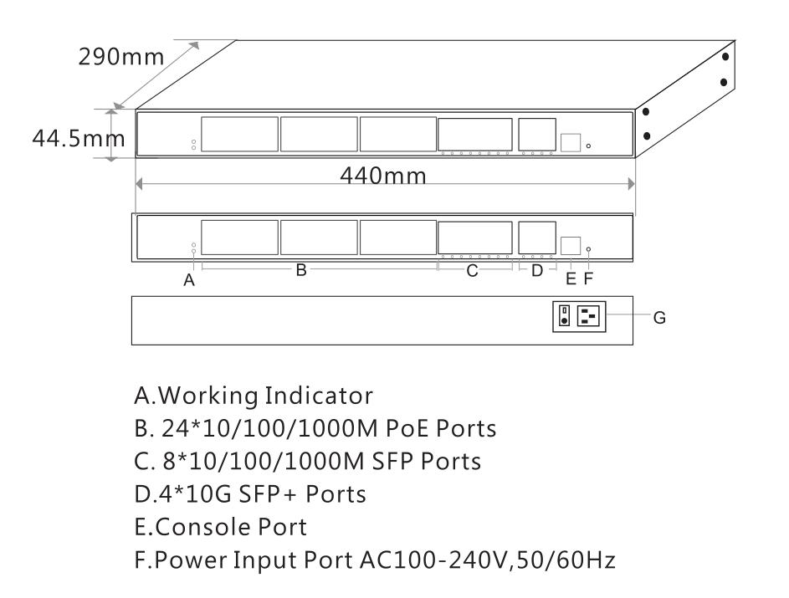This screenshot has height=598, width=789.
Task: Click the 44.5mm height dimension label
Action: click(x=72, y=136)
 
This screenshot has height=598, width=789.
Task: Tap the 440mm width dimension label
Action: click(x=383, y=176)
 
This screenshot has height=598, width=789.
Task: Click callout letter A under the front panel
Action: click(x=189, y=281)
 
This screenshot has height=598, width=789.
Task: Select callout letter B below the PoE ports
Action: click(x=302, y=270)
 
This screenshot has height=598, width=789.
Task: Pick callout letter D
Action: click(x=537, y=270)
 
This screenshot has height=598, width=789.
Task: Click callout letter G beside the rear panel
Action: click(x=659, y=317)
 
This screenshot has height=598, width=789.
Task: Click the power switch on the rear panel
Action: click(x=565, y=316)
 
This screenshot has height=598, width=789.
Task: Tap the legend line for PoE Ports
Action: click(x=315, y=427)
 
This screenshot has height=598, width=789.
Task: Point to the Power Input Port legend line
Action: click(x=375, y=560)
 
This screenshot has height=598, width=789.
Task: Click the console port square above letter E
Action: click(x=571, y=246)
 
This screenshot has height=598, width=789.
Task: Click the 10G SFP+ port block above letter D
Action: click(x=536, y=238)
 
